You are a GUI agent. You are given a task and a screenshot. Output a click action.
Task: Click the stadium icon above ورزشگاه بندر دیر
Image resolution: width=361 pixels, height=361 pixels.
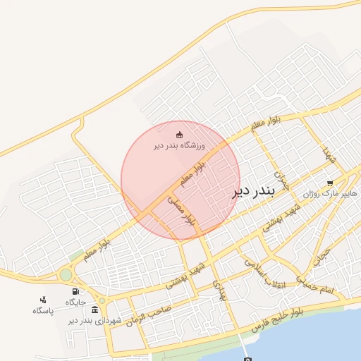[179, 135]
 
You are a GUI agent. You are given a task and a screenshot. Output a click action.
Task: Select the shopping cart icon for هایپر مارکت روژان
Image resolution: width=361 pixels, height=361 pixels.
[329, 183]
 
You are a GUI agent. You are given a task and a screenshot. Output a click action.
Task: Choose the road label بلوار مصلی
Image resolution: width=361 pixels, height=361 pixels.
[180, 211]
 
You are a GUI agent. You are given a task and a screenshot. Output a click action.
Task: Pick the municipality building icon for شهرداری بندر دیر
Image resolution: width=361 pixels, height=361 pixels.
[94, 310]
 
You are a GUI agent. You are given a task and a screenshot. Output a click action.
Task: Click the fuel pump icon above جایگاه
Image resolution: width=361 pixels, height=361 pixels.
[75, 291]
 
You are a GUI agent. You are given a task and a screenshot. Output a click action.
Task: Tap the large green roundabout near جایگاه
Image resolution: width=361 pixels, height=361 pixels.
[66, 274]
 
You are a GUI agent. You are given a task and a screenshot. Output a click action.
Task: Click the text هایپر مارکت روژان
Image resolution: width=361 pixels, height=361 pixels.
[329, 193]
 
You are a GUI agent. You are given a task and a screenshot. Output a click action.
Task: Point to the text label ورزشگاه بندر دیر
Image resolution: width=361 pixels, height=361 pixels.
[179, 146]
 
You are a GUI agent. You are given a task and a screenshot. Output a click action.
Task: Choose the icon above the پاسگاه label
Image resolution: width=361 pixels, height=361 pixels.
[43, 300]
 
